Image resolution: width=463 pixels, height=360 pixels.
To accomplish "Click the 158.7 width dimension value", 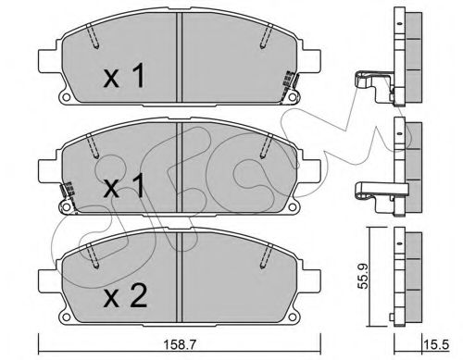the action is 180,344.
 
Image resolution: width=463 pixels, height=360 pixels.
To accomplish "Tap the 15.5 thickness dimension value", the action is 436,344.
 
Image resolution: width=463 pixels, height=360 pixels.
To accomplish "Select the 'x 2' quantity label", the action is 125,295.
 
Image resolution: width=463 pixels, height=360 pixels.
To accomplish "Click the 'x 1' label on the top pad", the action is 124,75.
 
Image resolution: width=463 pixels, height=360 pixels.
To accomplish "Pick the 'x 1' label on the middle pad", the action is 124,185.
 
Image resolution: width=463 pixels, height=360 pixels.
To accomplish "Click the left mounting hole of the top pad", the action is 66,97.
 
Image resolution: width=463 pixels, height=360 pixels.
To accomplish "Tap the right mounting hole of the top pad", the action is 292,97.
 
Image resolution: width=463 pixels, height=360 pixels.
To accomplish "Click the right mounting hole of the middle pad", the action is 292,207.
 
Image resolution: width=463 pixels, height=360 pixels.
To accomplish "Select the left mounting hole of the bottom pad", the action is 66,317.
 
